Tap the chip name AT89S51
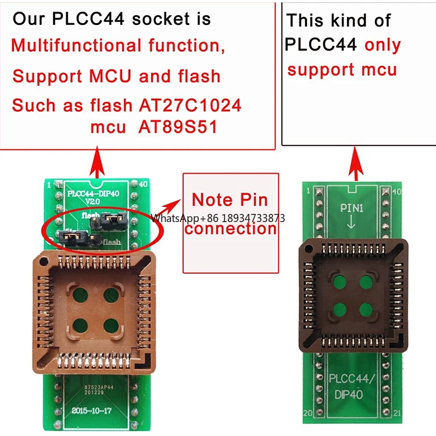tap(177, 127)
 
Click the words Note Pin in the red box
tap(230, 200)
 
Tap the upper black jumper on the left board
tap(113, 220)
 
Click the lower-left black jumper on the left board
tap(73, 238)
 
